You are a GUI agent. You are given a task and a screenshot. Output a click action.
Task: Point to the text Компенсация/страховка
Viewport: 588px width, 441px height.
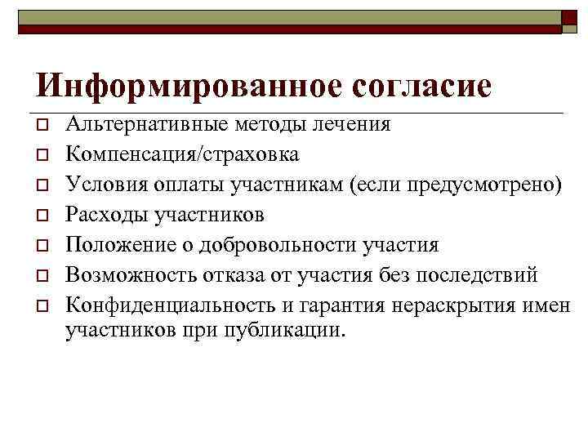pos(182,154)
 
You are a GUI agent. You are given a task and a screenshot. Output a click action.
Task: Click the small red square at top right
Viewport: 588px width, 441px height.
pos(568,18)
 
